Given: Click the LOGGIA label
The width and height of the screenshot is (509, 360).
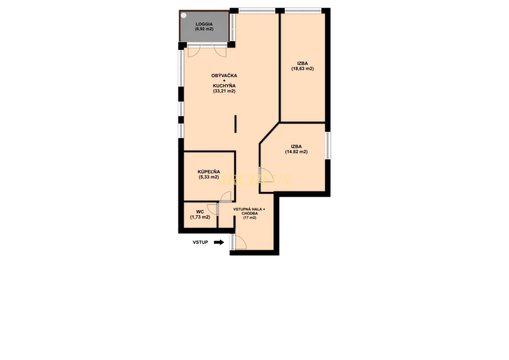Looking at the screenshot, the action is click(x=204, y=24).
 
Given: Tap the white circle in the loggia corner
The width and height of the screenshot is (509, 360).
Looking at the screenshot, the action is click(x=184, y=16).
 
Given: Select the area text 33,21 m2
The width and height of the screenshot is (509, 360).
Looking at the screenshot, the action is click(x=224, y=91).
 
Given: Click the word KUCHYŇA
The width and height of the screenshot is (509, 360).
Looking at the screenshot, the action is click(x=224, y=86).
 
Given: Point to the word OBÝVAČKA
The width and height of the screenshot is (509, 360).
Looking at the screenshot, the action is click(x=224, y=75).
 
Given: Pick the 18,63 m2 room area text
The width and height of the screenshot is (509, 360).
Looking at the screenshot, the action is click(x=302, y=69).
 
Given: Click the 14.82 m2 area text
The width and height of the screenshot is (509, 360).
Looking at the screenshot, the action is click(x=296, y=152).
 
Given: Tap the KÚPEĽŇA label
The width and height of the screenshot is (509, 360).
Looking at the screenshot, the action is click(x=209, y=172).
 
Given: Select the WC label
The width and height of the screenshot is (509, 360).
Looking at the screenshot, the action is click(x=200, y=212).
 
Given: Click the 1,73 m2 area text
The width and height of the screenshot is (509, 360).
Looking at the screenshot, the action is click(x=200, y=217).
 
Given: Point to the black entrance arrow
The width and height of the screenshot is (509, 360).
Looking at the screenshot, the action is click(x=219, y=242).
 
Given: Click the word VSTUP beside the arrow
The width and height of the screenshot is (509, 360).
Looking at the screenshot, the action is click(x=200, y=242).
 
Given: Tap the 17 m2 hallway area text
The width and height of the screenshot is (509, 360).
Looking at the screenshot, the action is click(x=249, y=218).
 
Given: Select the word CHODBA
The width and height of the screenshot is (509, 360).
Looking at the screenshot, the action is click(x=249, y=214).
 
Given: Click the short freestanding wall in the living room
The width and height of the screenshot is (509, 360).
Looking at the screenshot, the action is click(x=235, y=124).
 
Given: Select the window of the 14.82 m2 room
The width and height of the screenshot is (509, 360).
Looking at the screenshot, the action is click(x=328, y=146).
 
